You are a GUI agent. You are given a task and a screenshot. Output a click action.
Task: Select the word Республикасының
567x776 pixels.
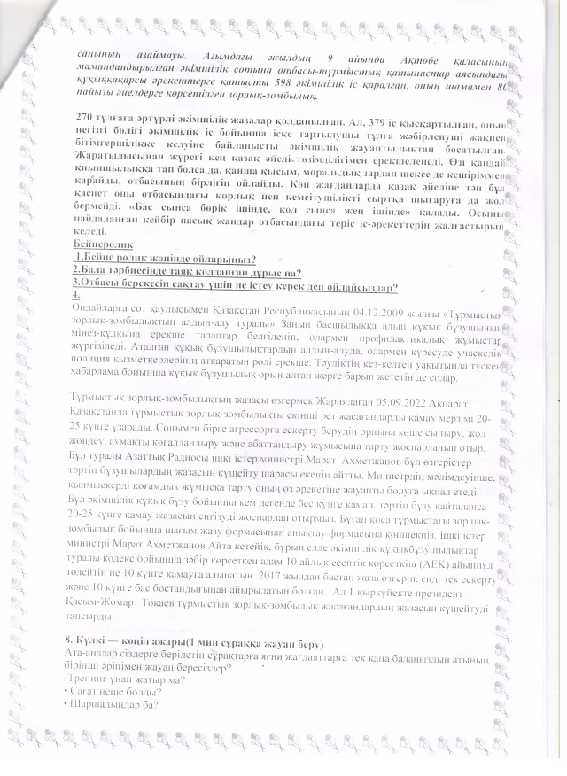282,307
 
